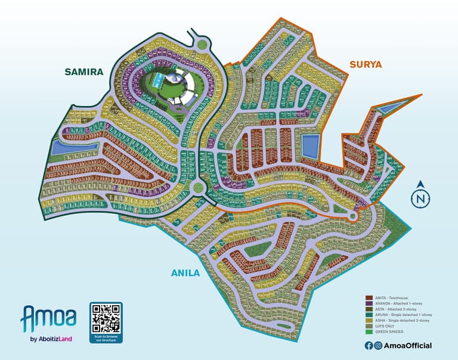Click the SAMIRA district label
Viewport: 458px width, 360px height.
[x=84, y=72]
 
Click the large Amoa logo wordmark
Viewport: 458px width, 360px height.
[x=48, y=319]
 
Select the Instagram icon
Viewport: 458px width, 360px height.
[x=377, y=346]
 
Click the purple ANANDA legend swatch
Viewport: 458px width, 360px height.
[x=369, y=303]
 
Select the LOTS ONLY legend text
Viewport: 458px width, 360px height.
[x=387, y=325]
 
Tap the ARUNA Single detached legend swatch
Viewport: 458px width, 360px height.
[x=369, y=314]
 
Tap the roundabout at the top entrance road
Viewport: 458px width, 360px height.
[x=201, y=43]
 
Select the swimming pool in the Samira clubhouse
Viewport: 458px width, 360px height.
[x=163, y=80]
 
